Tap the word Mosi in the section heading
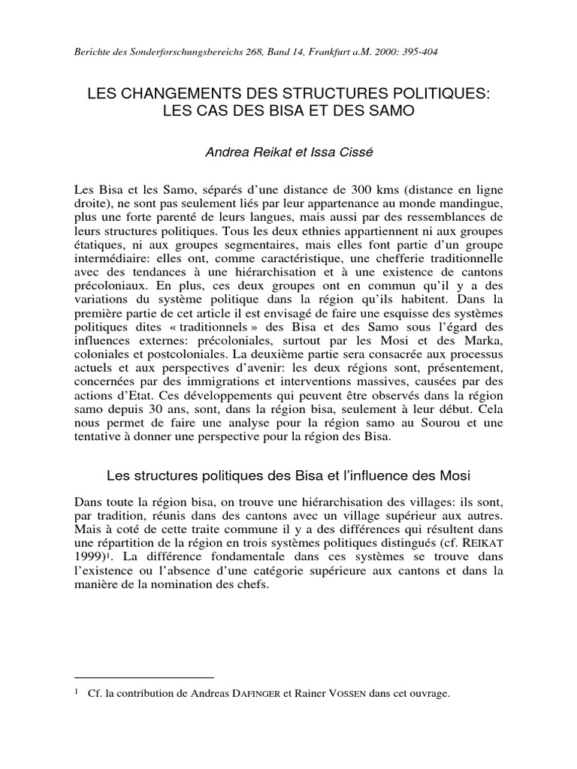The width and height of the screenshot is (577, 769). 453,475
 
